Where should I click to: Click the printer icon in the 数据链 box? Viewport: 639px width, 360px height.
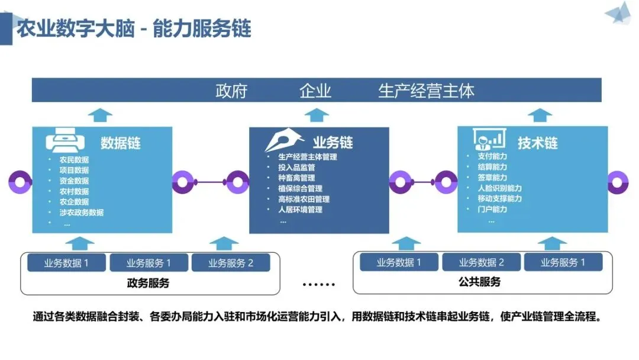(x=65, y=141)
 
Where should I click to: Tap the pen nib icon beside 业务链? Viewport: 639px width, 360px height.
(x=284, y=140)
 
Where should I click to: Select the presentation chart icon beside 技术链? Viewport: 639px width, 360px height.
(x=489, y=139)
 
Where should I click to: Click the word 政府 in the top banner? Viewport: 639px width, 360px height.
(x=231, y=91)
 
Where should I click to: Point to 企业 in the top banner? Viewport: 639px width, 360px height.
(x=315, y=91)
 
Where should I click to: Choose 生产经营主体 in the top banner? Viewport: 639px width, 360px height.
(x=426, y=91)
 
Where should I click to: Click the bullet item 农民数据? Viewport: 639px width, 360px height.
(x=74, y=159)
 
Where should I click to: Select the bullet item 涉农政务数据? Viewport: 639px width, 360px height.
(x=82, y=213)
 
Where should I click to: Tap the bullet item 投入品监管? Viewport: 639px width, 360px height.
(x=296, y=167)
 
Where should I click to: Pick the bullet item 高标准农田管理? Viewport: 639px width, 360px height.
(x=304, y=199)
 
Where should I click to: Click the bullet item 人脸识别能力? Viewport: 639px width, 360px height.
(x=499, y=188)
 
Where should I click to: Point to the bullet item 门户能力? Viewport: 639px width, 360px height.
(x=492, y=209)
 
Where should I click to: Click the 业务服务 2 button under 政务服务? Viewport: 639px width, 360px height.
(x=231, y=262)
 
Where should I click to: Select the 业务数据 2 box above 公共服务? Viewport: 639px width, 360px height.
(x=481, y=262)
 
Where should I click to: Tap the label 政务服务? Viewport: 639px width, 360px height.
(x=148, y=283)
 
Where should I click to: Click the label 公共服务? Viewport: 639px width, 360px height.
(x=480, y=282)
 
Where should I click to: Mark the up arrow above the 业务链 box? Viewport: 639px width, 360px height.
(x=317, y=115)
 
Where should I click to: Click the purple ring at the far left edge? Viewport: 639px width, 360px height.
(x=20, y=182)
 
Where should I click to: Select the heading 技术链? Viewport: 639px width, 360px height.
(x=537, y=143)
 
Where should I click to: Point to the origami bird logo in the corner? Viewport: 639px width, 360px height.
(x=619, y=13)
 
